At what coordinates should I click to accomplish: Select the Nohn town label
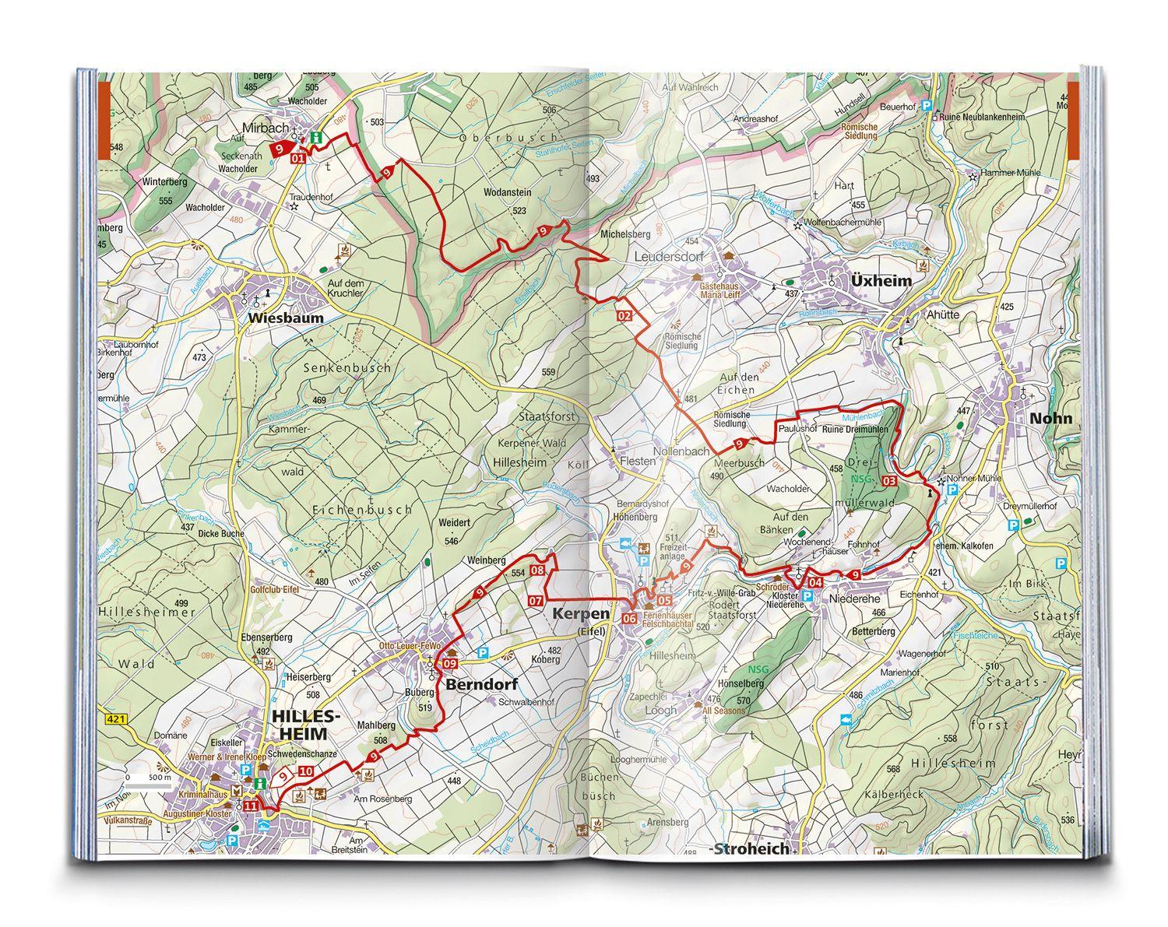[1050, 418]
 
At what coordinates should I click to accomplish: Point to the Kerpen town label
[579, 614]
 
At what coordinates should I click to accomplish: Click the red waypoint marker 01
[297, 158]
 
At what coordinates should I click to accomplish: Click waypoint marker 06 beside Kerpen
[630, 618]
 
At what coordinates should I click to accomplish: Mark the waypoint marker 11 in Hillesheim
[251, 806]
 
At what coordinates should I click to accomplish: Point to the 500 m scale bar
[147, 786]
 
